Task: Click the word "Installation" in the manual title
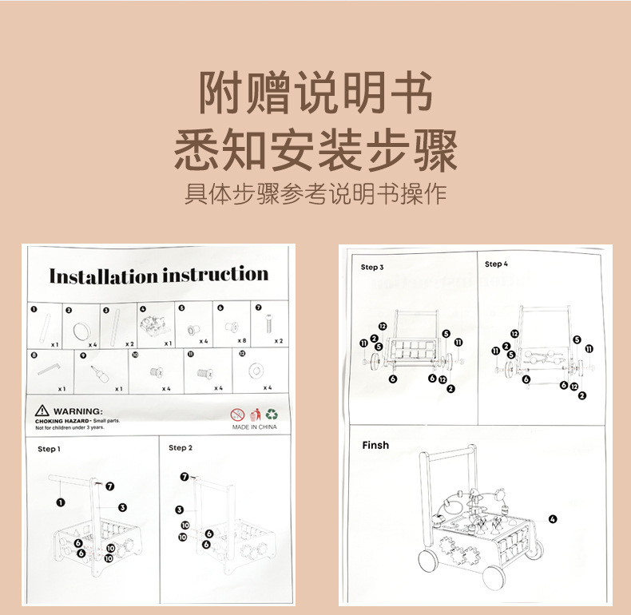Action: coord(103,276)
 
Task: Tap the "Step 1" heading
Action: coord(49,449)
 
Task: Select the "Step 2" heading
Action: coord(181,448)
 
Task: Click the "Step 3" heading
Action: coord(372,268)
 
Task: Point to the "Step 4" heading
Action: coord(496,264)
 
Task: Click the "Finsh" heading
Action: coord(375,445)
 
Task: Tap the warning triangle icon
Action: coord(42,411)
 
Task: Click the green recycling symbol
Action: coord(272,415)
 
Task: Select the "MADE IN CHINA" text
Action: coord(255,427)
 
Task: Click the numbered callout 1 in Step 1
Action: coord(60,502)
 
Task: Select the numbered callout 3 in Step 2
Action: coord(180,509)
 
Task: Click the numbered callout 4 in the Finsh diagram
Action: coord(553,519)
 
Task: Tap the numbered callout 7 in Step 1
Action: coord(110,486)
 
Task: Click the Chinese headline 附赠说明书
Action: coord(315,93)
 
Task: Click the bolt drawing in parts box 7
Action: coord(268,324)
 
